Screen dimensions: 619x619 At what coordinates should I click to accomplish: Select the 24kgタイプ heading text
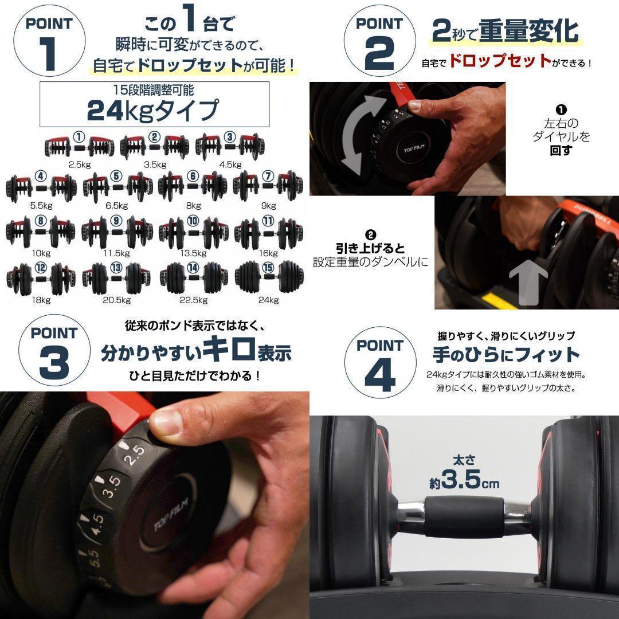(x=153, y=109)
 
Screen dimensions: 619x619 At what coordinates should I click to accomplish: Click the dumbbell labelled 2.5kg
(x=79, y=147)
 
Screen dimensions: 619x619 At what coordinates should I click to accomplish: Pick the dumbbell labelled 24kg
(x=268, y=276)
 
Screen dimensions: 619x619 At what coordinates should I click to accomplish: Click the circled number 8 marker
(x=40, y=221)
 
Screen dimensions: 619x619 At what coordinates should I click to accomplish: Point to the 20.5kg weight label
(x=116, y=299)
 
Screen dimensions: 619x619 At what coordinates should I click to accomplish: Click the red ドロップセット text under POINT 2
(x=500, y=61)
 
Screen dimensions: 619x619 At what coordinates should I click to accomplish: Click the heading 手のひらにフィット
(x=506, y=354)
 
